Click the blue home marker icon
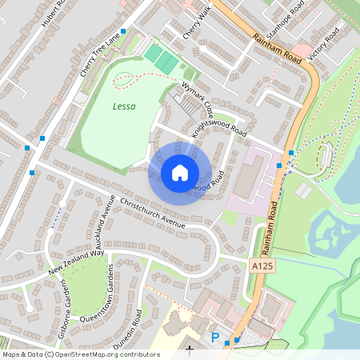(x=180, y=172)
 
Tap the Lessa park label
(x=123, y=106)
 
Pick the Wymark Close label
(x=197, y=95)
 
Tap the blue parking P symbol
(x=214, y=338)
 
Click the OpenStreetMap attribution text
(x=80, y=354)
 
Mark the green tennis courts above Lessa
(x=162, y=57)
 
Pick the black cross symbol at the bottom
(x=190, y=350)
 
